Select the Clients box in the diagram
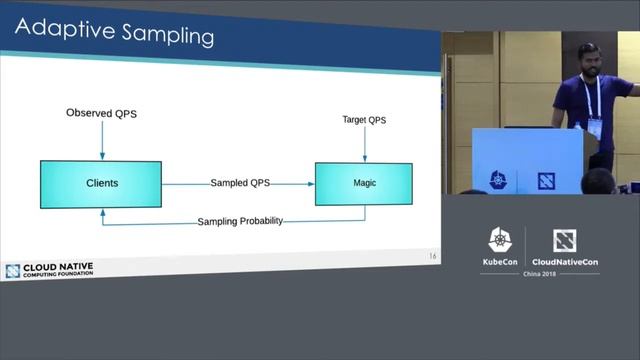click(x=101, y=183)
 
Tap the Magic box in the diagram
click(x=364, y=183)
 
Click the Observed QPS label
click(x=101, y=113)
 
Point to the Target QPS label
click(x=364, y=120)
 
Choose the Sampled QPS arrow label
click(x=240, y=183)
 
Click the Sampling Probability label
click(x=240, y=220)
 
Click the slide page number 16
click(x=432, y=257)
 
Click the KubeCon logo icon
click(x=500, y=240)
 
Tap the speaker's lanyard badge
click(x=595, y=128)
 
